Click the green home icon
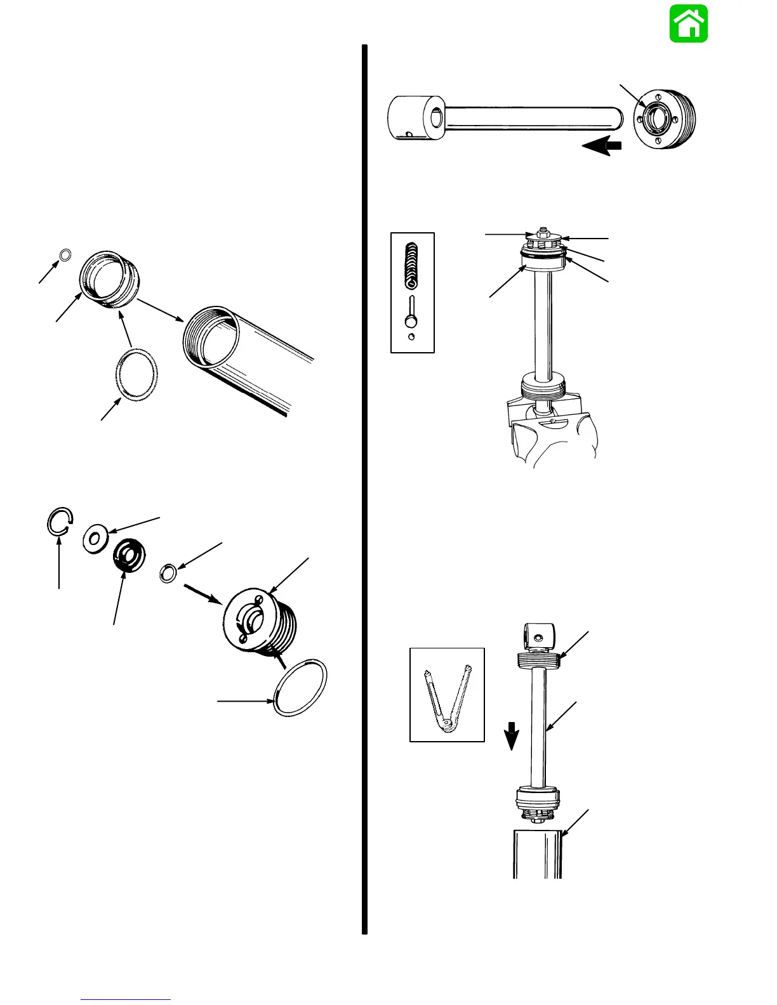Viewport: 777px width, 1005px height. (x=689, y=24)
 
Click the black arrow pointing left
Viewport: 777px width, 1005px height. (x=601, y=147)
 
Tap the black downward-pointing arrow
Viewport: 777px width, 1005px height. (x=512, y=736)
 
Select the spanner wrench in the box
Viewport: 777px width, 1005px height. (x=447, y=696)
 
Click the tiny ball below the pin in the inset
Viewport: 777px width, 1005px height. (x=411, y=337)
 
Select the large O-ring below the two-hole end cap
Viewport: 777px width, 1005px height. (x=300, y=688)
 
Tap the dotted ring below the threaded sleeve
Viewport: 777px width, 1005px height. (x=136, y=376)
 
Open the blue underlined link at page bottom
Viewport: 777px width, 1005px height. (x=126, y=999)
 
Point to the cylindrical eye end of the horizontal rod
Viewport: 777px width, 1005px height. (x=416, y=117)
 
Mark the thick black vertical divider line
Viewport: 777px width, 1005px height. (x=365, y=489)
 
